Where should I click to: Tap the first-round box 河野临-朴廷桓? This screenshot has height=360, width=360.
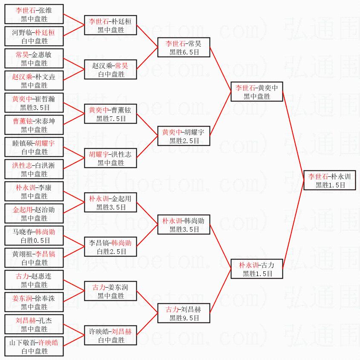click(x=34, y=37)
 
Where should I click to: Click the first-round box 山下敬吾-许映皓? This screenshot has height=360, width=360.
click(x=34, y=347)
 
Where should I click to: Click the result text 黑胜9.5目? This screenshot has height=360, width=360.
click(x=184, y=318)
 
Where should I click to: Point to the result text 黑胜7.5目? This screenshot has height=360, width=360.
click(x=110, y=118)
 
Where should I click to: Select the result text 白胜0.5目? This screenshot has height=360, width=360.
click(x=34, y=240)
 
